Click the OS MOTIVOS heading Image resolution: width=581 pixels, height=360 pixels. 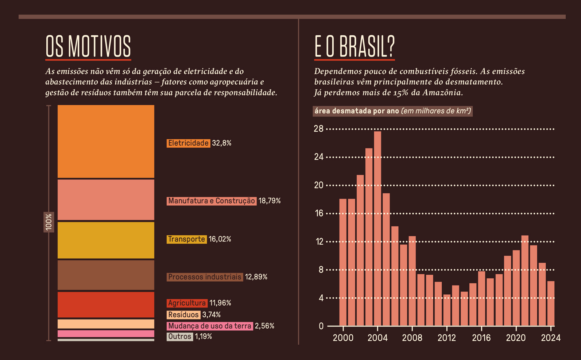click(x=88, y=46)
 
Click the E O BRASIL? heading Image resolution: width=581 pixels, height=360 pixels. click(x=355, y=46)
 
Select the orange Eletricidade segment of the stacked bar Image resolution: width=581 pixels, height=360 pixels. click(x=106, y=142)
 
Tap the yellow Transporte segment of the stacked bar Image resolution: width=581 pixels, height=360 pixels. click(x=106, y=240)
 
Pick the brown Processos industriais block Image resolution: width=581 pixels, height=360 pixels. click(x=106, y=275)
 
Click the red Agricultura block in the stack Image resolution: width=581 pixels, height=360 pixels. click(x=106, y=305)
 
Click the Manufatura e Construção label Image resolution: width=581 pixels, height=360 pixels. click(x=212, y=201)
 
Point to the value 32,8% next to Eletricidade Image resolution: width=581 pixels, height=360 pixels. click(x=222, y=143)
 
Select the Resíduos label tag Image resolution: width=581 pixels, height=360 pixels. click(x=183, y=315)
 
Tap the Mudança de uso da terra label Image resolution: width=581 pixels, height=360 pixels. click(x=210, y=326)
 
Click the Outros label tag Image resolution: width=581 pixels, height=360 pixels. click(x=179, y=337)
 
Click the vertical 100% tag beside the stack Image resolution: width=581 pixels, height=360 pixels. click(x=49, y=222)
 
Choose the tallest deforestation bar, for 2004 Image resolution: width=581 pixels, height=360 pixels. click(x=377, y=228)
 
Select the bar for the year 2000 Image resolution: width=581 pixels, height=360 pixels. click(x=343, y=262)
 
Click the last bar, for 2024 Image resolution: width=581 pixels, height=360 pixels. click(x=551, y=303)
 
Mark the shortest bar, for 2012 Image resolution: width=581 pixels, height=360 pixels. click(x=447, y=310)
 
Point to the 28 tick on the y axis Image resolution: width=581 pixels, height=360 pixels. click(x=319, y=129)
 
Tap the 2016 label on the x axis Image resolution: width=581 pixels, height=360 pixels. click(x=481, y=338)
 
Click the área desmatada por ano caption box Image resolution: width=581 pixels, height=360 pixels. click(x=392, y=111)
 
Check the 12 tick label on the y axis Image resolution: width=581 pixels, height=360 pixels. click(x=319, y=241)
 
